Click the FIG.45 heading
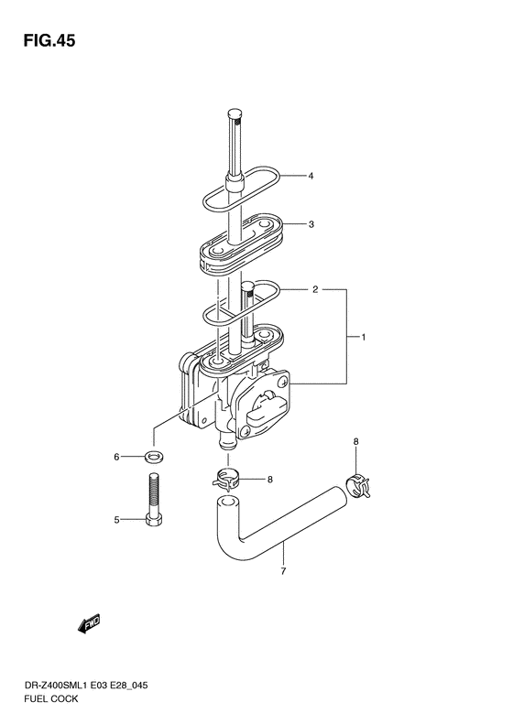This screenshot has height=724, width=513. tap(49, 40)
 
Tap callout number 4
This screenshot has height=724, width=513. tap(311, 176)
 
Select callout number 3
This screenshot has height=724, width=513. tap(311, 224)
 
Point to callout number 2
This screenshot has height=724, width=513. tap(315, 289)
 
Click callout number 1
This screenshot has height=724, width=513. tap(364, 338)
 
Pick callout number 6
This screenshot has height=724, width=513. tap(117, 457)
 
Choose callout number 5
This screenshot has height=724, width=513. tap(117, 521)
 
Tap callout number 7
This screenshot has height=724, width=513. tap(283, 572)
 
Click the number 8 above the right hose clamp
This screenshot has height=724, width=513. tap(355, 442)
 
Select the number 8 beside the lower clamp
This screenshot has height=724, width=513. tap(270, 480)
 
